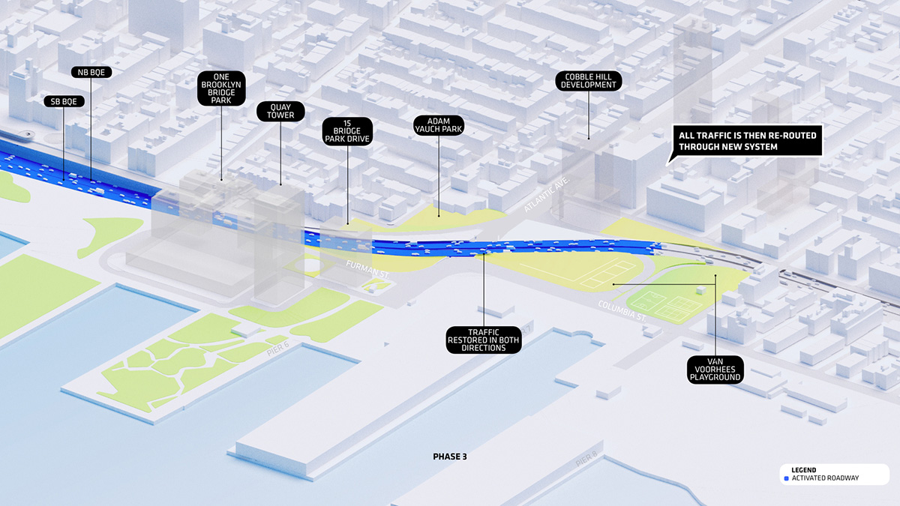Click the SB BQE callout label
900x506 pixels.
pos(64,101)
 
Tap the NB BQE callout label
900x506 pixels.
pos(92,72)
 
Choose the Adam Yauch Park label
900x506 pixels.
pos(439,124)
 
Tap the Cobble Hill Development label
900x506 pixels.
pos(587,80)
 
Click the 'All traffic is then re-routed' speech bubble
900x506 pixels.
pos(747,141)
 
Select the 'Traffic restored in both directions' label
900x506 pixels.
pos(484,339)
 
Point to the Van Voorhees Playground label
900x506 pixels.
pos(715,369)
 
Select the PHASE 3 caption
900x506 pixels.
pos(450,456)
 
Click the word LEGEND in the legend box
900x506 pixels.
pos(804,469)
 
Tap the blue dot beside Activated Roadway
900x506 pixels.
pos(785,478)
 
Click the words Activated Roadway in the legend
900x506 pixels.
pos(824,478)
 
